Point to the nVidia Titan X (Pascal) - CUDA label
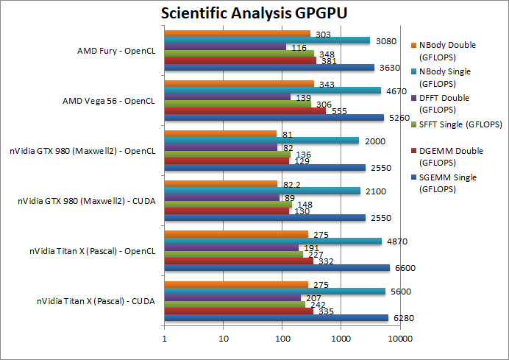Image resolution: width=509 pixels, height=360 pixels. pos(96,301)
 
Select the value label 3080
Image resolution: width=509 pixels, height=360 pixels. pos(387,41)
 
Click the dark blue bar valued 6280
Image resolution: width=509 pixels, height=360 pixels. pos(276,317)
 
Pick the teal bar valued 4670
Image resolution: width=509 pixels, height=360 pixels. pos(272,91)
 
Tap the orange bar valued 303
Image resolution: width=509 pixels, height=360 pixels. pos(237,33)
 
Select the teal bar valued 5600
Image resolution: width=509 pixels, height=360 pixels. pos(274,292)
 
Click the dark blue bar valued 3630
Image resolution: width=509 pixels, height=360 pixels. pos(269,68)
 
